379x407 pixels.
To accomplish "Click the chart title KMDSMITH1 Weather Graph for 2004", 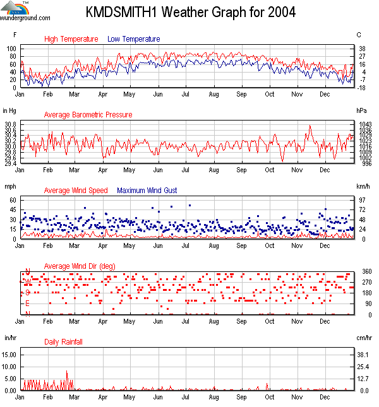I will coord(189,12).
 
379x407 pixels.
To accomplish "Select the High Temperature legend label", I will coord(71,39).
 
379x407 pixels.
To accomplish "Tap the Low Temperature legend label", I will coord(134,39).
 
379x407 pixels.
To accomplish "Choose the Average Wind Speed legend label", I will coord(76,191).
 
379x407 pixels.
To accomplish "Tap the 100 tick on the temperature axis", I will coord(11,49).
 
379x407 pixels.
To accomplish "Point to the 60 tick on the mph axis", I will coord(13,200).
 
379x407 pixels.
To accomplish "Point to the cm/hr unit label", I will coord(364,339).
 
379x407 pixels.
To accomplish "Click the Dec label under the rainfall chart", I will coord(325,398).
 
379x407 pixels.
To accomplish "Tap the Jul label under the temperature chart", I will coord(186,95).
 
